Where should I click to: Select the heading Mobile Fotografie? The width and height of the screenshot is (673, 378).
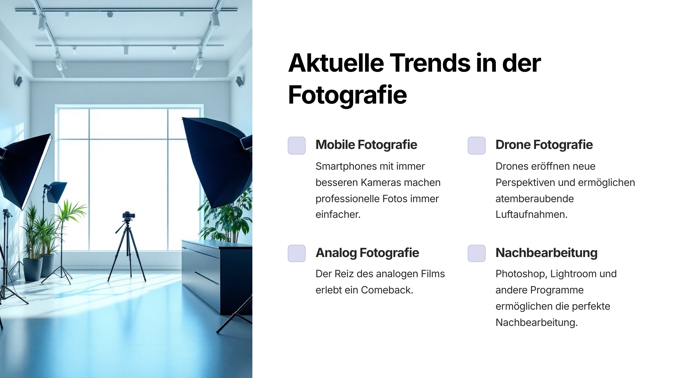coord(366,145)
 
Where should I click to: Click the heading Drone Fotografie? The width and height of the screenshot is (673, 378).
coord(544,145)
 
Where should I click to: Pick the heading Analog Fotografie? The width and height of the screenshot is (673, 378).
coord(367,253)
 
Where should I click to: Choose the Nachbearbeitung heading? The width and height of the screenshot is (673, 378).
coord(547,253)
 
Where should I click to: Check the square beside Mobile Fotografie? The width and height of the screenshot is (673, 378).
coord(297,146)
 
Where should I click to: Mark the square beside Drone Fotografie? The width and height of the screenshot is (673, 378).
coord(477,146)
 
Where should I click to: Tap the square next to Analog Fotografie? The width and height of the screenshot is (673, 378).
coord(297,253)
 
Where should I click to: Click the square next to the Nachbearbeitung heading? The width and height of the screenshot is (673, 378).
coord(477,253)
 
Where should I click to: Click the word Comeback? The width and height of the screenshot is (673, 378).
coord(387,290)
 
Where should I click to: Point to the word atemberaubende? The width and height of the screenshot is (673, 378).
coord(535,199)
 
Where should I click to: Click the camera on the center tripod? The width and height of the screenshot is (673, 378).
coord(128,215)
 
